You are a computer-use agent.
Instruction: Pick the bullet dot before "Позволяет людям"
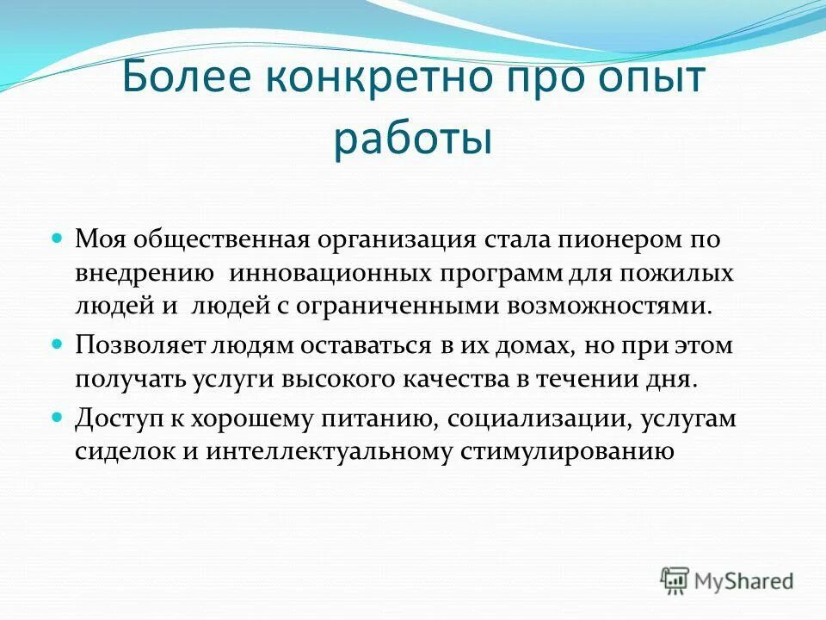(59, 343)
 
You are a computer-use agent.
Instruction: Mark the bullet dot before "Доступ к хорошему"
(59, 415)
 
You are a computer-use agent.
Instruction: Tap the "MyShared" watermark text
(743, 580)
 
